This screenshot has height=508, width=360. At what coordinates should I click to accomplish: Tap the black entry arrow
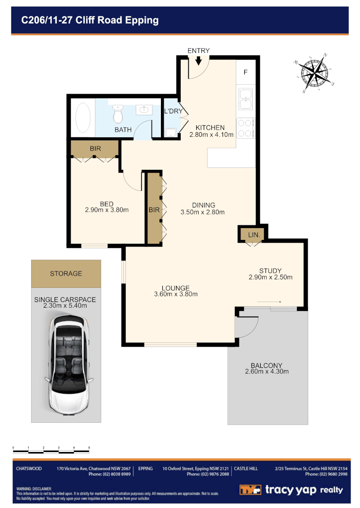[x=198, y=61]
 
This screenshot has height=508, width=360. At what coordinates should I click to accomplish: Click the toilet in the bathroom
[x=118, y=113]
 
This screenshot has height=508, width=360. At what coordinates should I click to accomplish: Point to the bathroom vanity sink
[x=144, y=110]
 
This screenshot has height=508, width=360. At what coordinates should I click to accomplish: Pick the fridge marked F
[x=245, y=72]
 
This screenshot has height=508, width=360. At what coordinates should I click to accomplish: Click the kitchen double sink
[x=246, y=98]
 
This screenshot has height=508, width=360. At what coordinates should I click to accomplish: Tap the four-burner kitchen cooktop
[x=245, y=128]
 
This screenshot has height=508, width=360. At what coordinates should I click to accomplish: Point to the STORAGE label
[x=66, y=273]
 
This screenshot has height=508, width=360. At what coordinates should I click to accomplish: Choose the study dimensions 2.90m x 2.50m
[x=270, y=277]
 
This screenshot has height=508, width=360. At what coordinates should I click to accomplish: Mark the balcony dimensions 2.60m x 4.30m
[x=266, y=371]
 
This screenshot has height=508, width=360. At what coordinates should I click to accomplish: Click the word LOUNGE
[x=176, y=288]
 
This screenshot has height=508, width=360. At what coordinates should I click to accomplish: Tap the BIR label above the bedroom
[x=95, y=149]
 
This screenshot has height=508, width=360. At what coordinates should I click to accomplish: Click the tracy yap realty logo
[x=291, y=490]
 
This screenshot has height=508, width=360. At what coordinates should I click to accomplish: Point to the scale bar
[x=51, y=451]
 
